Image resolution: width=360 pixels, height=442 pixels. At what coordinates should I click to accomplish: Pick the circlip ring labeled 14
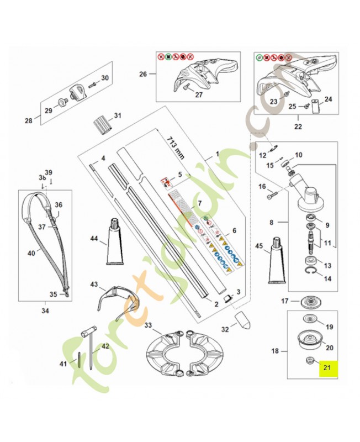[312, 271]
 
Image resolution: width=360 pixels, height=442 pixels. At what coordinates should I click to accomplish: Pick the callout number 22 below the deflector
[299, 126]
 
